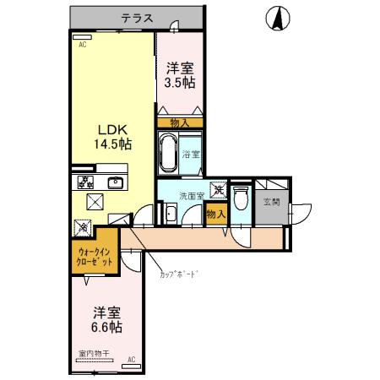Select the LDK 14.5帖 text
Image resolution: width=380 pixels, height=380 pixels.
111,138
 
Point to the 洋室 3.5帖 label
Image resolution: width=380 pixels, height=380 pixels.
180,76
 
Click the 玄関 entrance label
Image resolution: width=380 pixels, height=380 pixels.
272,201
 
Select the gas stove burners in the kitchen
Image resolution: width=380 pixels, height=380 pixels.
85,182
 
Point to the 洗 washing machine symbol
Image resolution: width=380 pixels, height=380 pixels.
217,191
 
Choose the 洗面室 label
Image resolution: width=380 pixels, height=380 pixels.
191,195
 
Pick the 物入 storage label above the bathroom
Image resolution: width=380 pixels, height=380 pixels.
180,122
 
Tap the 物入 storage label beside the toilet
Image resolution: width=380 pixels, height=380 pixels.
216,214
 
